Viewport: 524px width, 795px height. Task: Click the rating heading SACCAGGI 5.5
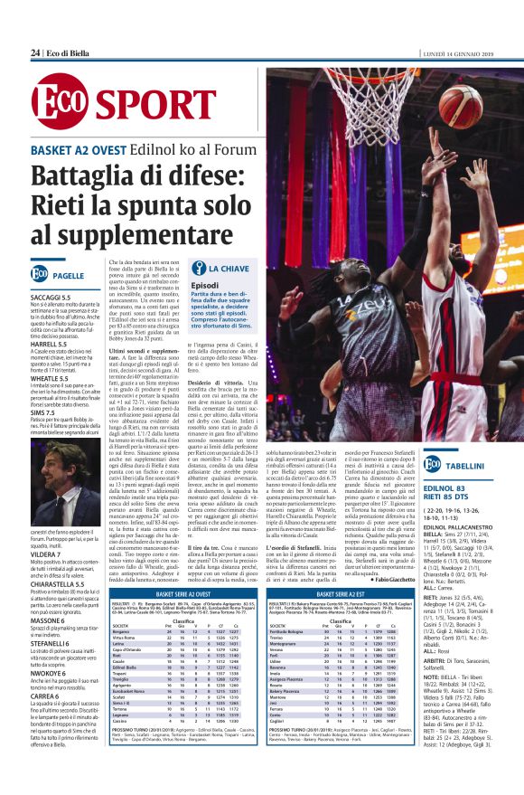(51, 297)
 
